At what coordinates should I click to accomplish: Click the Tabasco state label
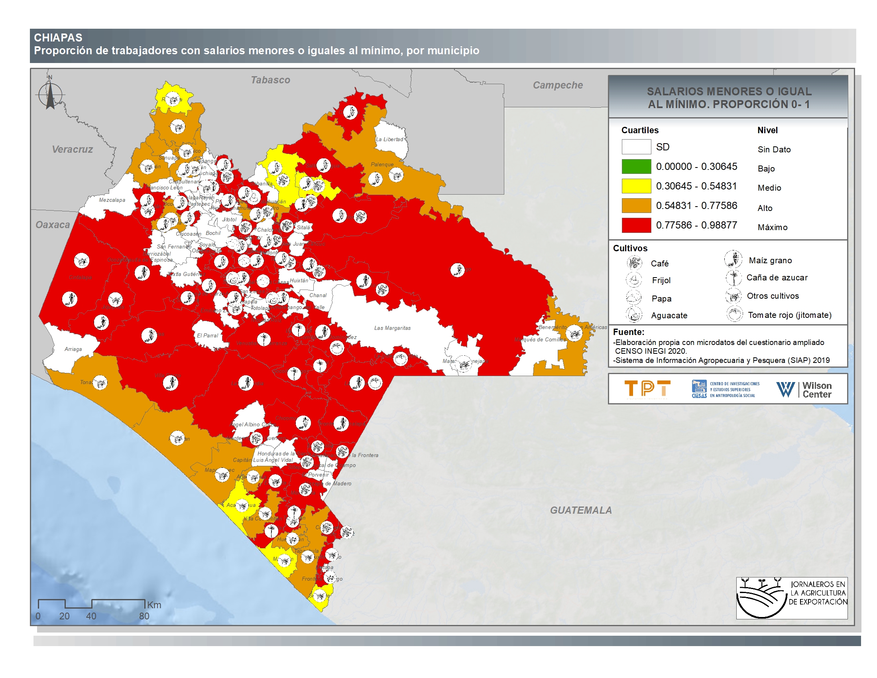point(270,80)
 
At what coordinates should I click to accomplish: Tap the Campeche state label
point(557,85)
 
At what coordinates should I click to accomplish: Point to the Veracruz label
point(72,150)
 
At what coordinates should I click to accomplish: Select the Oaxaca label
point(53,225)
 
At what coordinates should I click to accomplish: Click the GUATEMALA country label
point(581,510)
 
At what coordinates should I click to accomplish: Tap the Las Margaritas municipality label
point(392,328)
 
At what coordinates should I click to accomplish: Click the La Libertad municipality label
point(389,139)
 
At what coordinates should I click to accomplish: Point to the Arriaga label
point(73,349)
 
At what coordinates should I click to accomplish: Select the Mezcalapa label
point(112,200)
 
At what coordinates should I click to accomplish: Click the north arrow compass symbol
point(50,95)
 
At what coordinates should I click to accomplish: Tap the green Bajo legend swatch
point(636,166)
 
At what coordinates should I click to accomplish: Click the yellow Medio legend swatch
point(636,186)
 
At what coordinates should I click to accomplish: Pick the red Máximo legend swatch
point(636,225)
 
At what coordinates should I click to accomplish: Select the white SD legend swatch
point(636,147)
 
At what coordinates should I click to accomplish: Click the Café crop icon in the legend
point(634,263)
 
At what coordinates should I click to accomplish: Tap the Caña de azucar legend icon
point(733,278)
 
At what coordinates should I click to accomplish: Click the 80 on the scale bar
point(144,616)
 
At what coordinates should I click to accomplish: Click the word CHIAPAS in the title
point(58,38)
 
